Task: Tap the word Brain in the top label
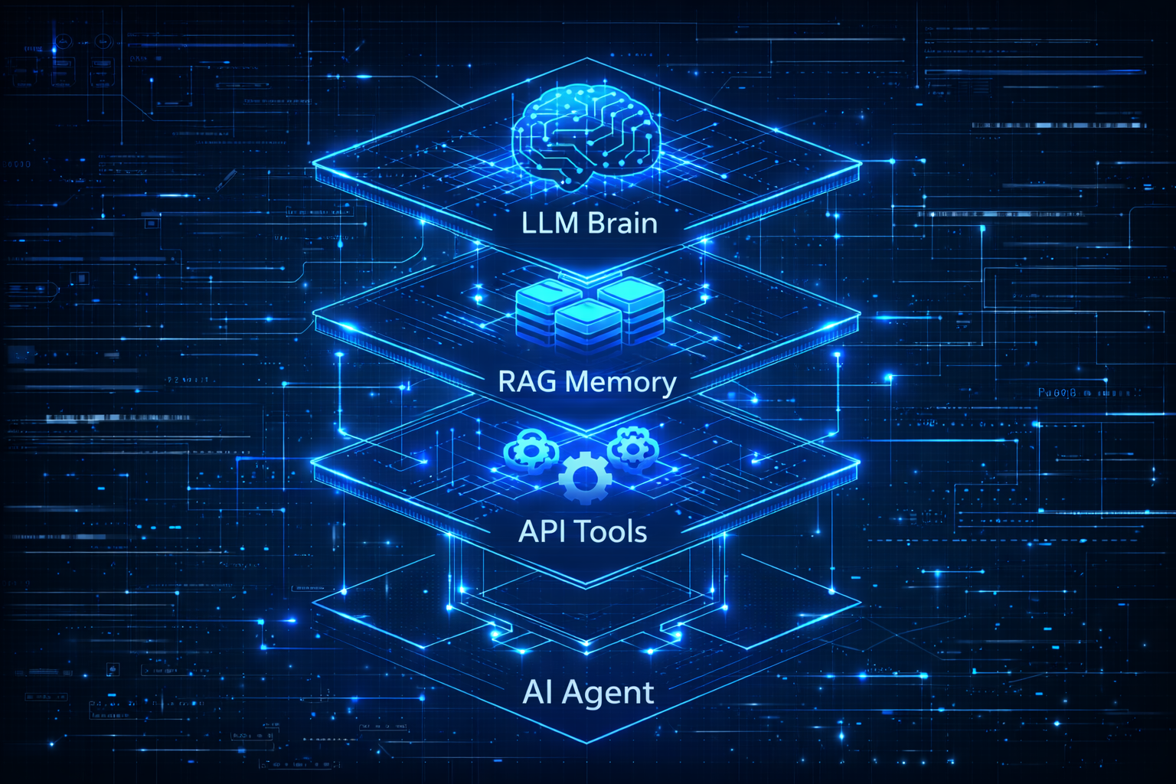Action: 623,223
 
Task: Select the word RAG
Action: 528,381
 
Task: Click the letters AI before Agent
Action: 537,691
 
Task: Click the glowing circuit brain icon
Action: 586,135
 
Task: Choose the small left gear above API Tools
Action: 528,449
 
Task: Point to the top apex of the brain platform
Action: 587,59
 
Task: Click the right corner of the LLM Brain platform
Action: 861,162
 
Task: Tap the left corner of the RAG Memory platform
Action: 314,316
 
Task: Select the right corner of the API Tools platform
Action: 860,462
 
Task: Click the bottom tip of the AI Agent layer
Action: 587,743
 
